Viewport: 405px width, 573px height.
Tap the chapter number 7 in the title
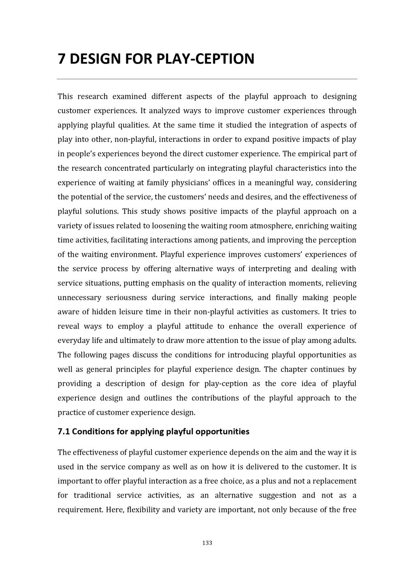62,59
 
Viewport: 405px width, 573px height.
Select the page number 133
207,543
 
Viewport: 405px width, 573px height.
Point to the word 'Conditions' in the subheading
93,431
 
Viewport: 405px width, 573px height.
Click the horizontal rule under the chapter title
207,79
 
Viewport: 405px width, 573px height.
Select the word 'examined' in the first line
129,96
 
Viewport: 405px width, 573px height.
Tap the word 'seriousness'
126,298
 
